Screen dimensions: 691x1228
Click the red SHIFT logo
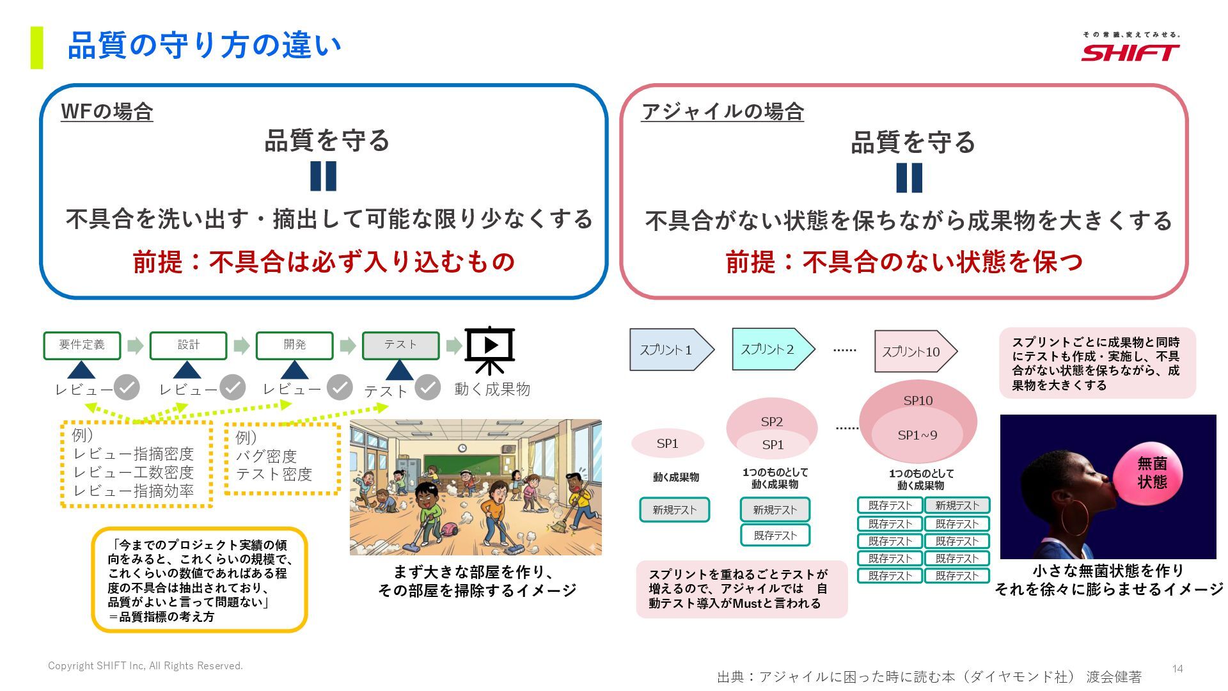(x=1130, y=52)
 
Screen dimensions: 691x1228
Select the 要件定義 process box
(x=82, y=345)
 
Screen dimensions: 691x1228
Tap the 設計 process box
(x=188, y=345)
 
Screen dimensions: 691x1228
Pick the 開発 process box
(x=294, y=345)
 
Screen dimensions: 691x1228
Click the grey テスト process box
(x=400, y=345)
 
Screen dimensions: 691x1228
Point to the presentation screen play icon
(x=490, y=346)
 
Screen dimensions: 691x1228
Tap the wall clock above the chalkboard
(x=462, y=448)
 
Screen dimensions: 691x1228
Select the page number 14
(x=1177, y=669)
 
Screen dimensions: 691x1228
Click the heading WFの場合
(x=107, y=112)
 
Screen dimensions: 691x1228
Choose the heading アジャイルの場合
(x=722, y=112)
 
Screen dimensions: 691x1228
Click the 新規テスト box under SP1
(x=674, y=510)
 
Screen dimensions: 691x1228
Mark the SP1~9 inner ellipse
(x=917, y=435)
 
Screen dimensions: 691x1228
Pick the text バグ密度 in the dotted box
(x=266, y=456)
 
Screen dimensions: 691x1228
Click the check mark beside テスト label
(x=427, y=387)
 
